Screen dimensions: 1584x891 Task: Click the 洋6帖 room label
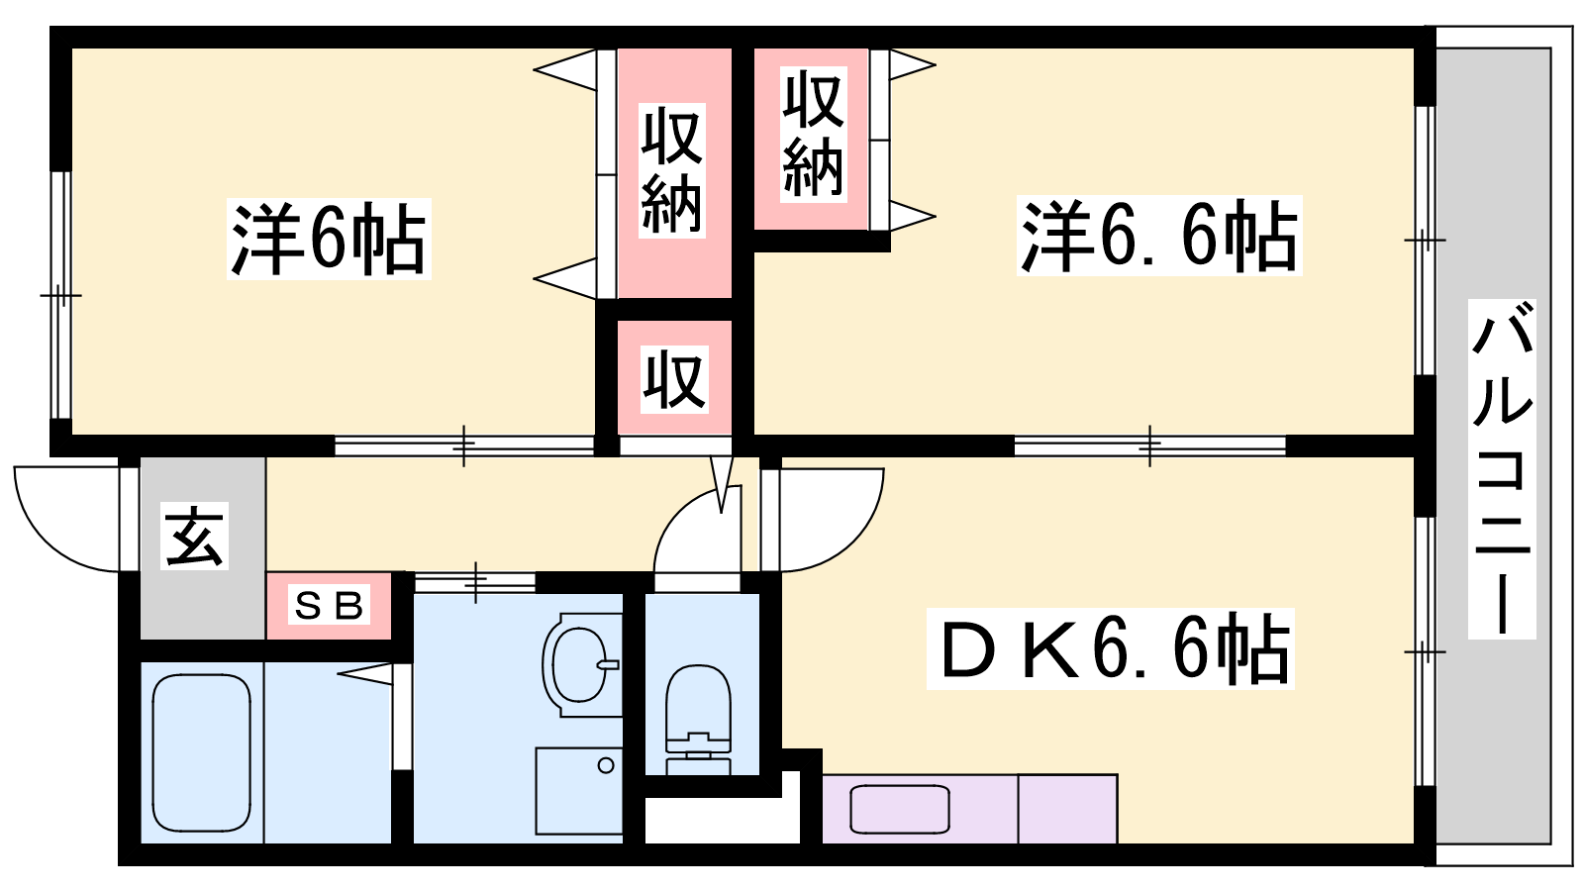point(329,239)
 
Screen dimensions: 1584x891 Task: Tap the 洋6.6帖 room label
point(1159,236)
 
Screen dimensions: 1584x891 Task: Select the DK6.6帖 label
point(1110,648)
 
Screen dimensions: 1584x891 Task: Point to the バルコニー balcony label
point(1501,468)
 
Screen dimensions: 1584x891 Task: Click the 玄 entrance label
point(194,536)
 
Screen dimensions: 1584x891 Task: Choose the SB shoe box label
point(329,605)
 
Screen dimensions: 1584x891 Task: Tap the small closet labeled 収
point(674,379)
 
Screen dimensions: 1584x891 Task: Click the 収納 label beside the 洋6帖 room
point(672,170)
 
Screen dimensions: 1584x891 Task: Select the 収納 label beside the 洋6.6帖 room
point(813,135)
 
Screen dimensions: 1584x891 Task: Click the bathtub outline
point(202,752)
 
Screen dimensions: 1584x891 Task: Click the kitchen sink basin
point(900,809)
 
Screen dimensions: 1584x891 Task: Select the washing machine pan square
point(579,791)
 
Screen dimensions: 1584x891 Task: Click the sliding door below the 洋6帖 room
point(464,446)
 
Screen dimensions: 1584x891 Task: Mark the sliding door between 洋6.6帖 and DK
point(1149,446)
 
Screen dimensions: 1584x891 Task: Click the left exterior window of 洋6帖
point(61,295)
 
